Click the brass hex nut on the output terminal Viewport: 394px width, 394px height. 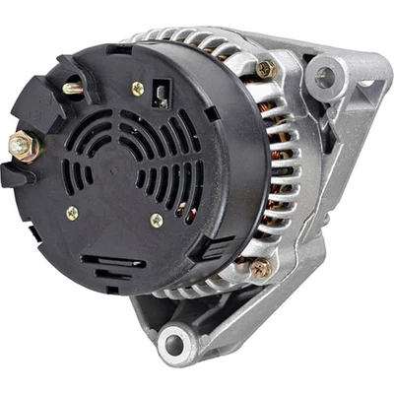coord(22,146)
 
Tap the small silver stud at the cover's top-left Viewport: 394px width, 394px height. coord(72,88)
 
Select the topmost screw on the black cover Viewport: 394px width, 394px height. coord(137,89)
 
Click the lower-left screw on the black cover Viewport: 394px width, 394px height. coord(72,212)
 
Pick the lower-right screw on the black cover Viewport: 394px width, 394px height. coord(157,222)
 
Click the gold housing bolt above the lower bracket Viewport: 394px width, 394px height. coord(258,266)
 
